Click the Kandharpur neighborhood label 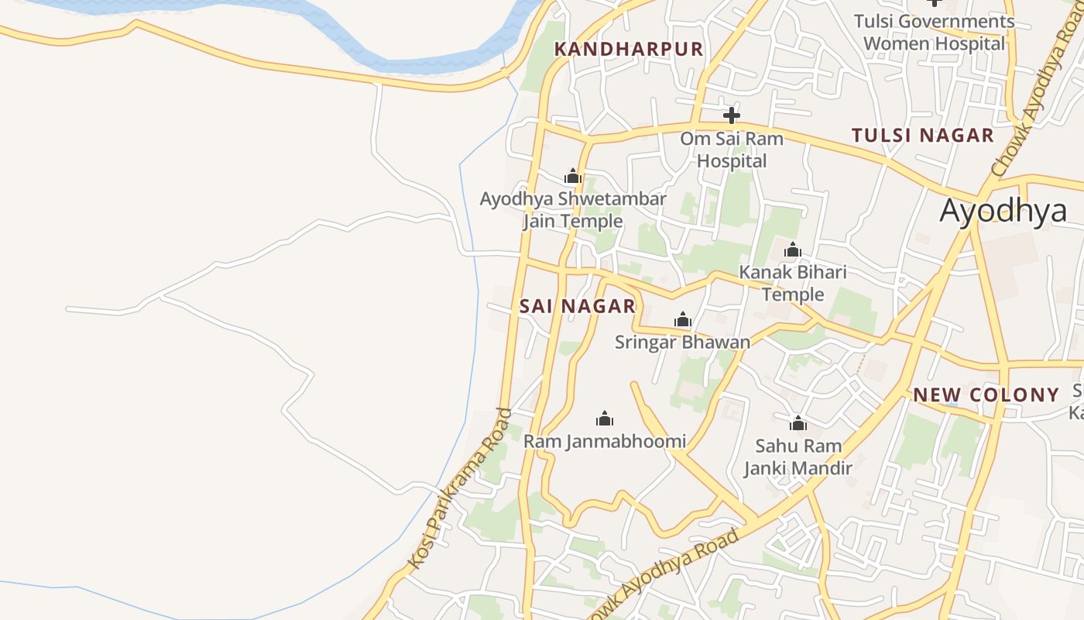click(x=629, y=50)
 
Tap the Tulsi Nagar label click(x=922, y=135)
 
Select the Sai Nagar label click(x=577, y=306)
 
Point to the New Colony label click(x=986, y=394)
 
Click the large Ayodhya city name click(x=1003, y=210)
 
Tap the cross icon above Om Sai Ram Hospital click(x=731, y=116)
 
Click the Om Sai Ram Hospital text click(x=731, y=150)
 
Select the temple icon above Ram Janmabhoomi click(x=605, y=419)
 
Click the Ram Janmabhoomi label click(x=605, y=441)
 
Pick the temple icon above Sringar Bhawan click(x=682, y=319)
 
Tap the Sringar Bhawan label click(x=682, y=342)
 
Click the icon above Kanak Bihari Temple click(x=792, y=250)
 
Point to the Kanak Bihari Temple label click(x=792, y=284)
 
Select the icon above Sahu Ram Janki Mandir click(x=798, y=423)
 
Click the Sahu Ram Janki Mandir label click(x=798, y=457)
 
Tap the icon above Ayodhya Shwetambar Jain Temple click(x=572, y=176)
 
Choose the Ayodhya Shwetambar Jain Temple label click(x=572, y=210)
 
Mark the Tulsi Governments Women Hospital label click(x=934, y=33)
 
